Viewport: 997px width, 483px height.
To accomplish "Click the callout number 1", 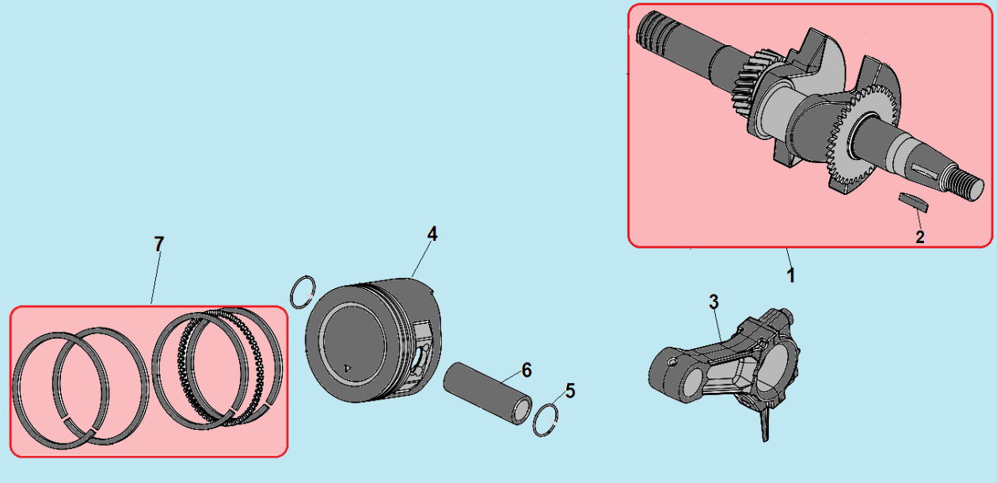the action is click(x=790, y=275).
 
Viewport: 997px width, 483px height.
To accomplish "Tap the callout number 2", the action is click(x=920, y=237).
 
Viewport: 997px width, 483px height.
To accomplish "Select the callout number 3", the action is click(x=714, y=302).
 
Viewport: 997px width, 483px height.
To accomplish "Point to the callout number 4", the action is click(x=432, y=234).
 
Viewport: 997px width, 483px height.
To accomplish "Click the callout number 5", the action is click(x=570, y=390).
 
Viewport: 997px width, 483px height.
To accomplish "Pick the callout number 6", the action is click(x=527, y=370).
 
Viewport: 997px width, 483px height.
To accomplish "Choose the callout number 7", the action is click(x=159, y=244).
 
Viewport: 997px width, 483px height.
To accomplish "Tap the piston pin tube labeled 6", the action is click(x=487, y=394).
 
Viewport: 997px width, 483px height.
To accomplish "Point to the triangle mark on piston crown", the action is click(x=348, y=368).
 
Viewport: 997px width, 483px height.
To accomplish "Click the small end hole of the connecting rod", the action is click(x=688, y=384).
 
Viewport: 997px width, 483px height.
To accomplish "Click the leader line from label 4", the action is click(x=420, y=260).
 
